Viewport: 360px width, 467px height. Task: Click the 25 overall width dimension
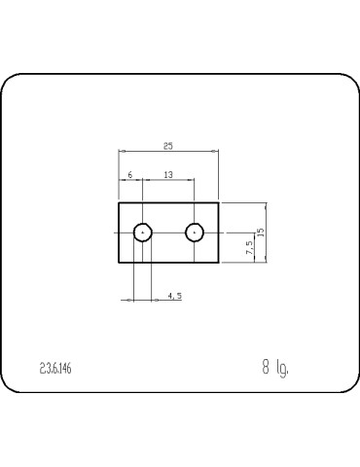point(168,146)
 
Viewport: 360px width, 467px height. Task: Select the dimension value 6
point(129,174)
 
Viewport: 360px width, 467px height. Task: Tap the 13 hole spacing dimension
point(168,174)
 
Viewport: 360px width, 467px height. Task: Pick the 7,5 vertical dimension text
point(249,249)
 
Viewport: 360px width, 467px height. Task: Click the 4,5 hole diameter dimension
point(175,295)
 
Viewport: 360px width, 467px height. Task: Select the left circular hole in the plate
point(143,233)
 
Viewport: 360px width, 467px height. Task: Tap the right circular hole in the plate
point(195,233)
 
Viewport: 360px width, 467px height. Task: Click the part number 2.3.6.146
point(55,369)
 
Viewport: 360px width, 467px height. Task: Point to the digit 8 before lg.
point(265,368)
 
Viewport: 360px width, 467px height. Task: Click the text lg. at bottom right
point(282,369)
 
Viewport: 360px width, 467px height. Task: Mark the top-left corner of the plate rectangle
point(119,202)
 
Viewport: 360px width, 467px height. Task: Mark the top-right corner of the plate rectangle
point(219,202)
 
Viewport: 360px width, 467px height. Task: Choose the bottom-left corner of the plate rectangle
point(119,264)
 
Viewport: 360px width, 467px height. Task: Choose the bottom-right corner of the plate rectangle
point(219,264)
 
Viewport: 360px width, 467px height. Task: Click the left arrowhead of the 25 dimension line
point(121,152)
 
